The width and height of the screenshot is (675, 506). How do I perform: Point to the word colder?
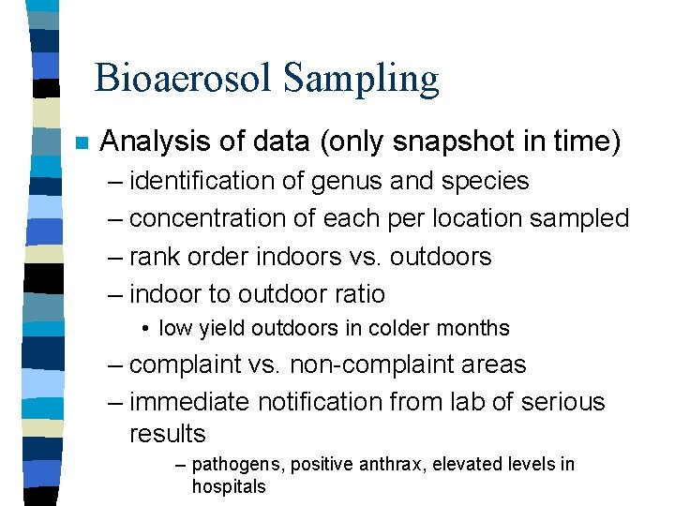coord(400,329)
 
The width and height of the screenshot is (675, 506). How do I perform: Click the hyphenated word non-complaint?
coord(407,365)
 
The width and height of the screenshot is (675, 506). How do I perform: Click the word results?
coord(167,434)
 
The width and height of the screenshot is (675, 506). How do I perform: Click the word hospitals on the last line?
coord(229,486)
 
